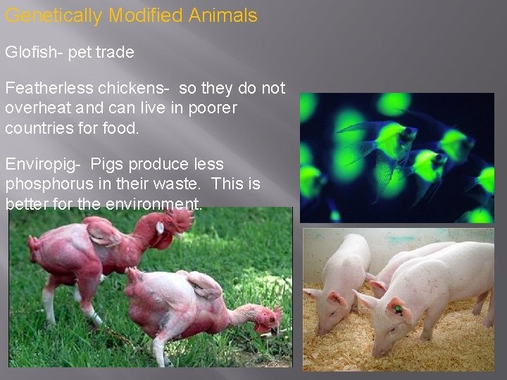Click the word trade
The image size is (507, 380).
116,53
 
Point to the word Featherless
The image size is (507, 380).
47,89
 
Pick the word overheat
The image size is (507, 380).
36,108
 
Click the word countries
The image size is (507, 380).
37,128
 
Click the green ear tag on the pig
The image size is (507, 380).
398,308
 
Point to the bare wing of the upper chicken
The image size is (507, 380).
104,232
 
